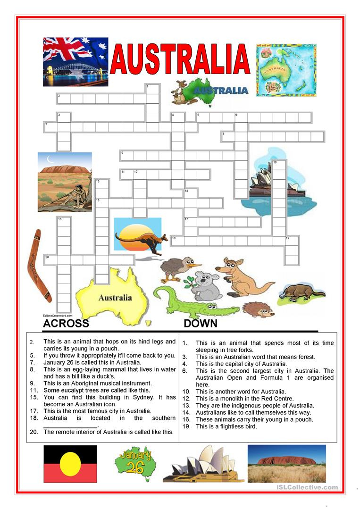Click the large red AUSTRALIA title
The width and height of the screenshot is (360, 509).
(180, 60)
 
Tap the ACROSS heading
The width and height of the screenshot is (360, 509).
(66, 324)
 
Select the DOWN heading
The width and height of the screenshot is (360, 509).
(201, 324)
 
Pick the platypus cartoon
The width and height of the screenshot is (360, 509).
(301, 292)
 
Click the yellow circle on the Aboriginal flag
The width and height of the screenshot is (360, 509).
(70, 464)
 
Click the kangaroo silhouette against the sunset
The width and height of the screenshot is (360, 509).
(139, 238)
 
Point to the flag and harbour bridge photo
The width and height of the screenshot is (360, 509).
(75, 62)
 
